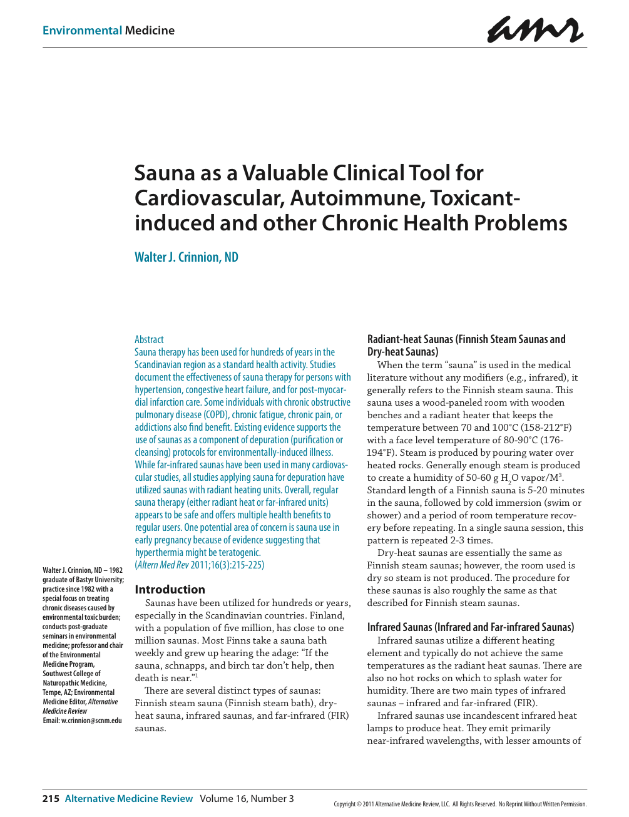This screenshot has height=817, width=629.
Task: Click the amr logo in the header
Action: (535, 29)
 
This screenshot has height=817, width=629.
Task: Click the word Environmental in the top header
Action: (82, 31)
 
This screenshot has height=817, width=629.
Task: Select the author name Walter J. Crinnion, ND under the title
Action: (187, 257)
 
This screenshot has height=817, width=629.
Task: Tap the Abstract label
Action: (149, 339)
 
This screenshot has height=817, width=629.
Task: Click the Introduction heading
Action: (170, 589)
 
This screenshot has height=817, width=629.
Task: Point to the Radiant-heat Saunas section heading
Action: (466, 345)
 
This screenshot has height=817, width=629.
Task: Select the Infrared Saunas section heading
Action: (470, 627)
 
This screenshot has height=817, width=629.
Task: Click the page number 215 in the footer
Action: (51, 798)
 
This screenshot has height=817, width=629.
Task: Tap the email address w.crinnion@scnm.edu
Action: (91, 721)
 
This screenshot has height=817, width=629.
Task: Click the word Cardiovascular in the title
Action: (208, 198)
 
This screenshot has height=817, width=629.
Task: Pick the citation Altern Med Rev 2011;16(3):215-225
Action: (200, 565)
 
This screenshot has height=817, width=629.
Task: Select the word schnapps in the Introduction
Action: (185, 665)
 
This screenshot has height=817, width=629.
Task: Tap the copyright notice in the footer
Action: (460, 804)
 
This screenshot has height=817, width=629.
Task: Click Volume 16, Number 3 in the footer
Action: (247, 798)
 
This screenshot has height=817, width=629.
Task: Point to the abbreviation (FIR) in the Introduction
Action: (338, 716)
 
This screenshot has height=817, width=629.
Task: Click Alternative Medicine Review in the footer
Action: (129, 798)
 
